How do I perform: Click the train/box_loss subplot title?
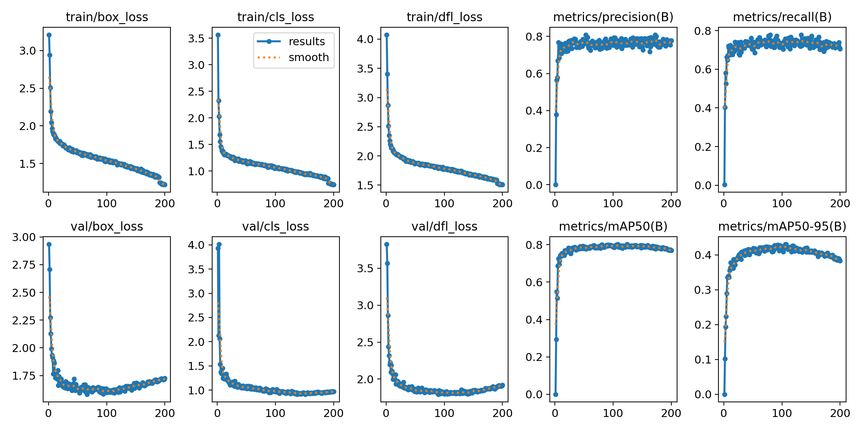pos(107,17)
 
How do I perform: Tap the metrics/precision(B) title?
pos(613,17)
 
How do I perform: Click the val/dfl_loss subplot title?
pos(444,227)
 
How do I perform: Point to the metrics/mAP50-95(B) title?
pos(782,227)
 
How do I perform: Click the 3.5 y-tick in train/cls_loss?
pos(196,38)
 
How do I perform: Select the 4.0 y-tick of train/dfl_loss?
pos(365,39)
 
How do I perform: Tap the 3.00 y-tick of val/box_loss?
pos(24,237)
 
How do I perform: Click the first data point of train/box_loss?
pos(49,35)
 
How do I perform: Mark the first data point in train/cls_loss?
pos(218,35)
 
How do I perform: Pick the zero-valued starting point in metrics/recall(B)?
pos(725,185)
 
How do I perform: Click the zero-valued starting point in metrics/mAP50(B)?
pos(556,394)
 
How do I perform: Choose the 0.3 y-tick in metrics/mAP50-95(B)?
pos(703,290)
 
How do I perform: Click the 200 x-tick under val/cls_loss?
pos(333,413)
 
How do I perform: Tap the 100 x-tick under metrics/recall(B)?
pos(782,204)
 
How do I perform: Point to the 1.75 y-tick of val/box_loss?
pos(24,376)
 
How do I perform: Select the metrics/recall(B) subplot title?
pos(782,17)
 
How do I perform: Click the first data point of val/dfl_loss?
pos(387,244)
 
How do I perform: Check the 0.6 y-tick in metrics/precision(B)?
pos(534,74)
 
